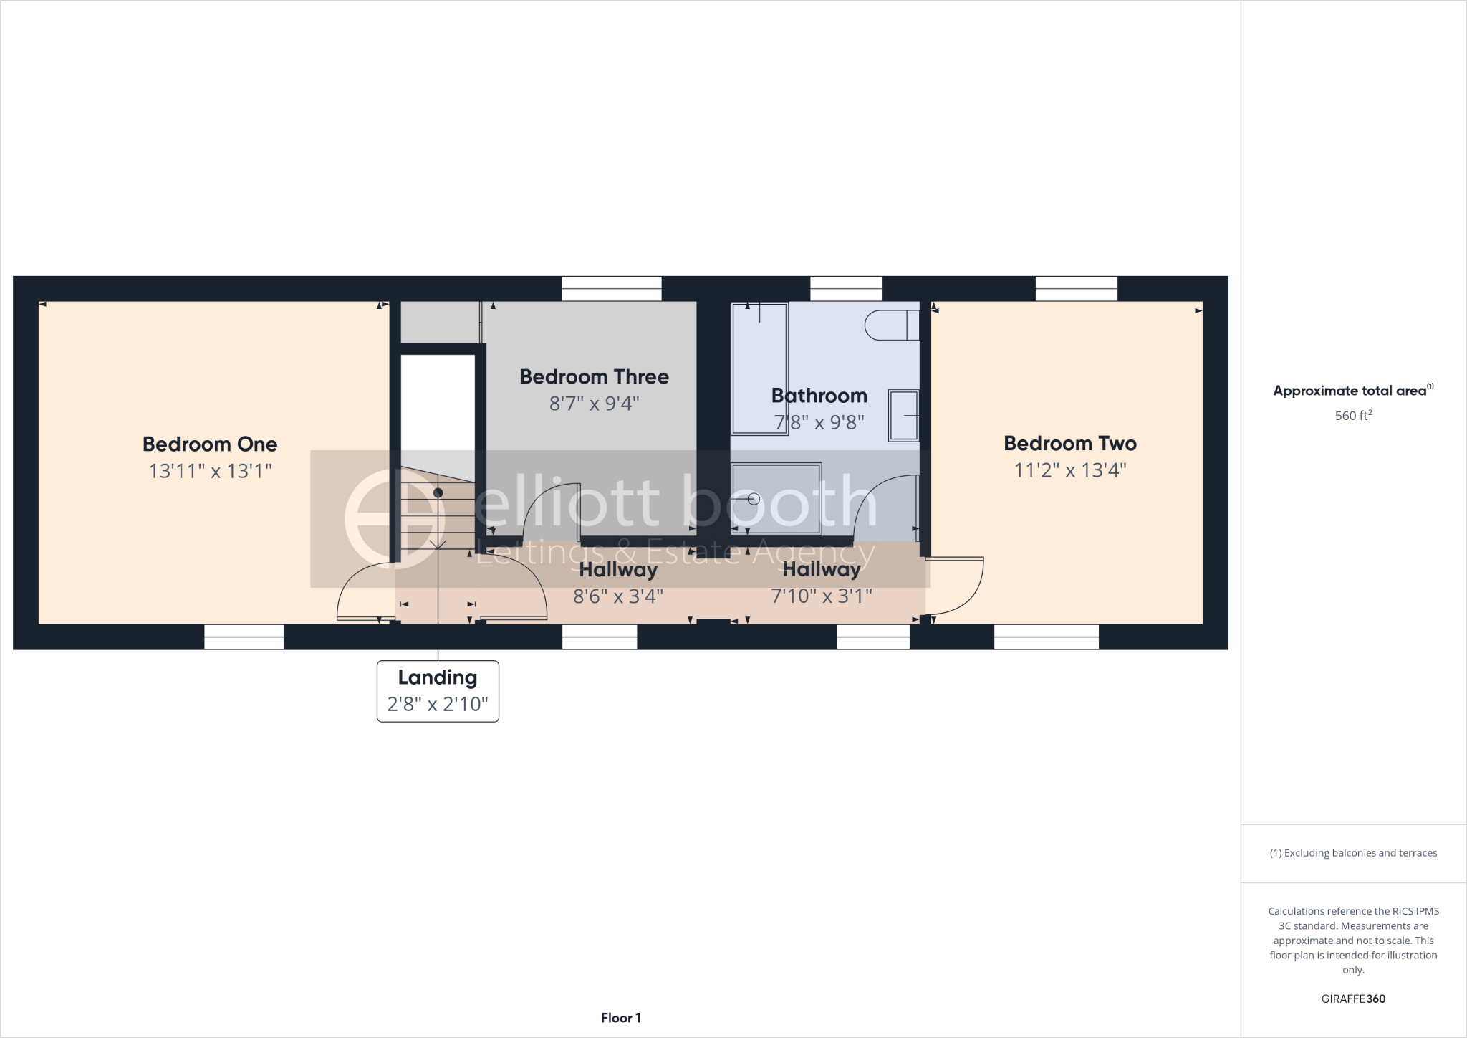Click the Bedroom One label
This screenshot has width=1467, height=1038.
coord(210,444)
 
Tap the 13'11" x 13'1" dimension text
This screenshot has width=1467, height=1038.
coord(211,471)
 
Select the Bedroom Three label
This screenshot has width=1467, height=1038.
coord(594,377)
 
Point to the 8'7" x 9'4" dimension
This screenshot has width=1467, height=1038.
coord(594,404)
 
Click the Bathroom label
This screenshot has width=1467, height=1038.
coord(819,396)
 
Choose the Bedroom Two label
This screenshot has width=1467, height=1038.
coord(1069,444)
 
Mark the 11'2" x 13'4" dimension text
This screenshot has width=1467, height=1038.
coord(1070,470)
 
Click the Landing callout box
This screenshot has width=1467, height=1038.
coord(438,691)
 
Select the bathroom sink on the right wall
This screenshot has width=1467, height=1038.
coord(904,415)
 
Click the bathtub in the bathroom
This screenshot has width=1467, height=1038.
coord(759,368)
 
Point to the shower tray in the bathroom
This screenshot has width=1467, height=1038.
coord(776,499)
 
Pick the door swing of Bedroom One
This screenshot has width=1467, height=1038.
coord(364,592)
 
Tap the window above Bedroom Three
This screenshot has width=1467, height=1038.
coord(612,288)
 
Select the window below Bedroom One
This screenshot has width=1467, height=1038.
coord(244,637)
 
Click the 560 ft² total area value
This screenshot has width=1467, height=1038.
coord(1352,416)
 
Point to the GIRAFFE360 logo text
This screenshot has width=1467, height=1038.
coord(1353,999)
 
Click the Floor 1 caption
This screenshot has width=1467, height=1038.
coord(620,1018)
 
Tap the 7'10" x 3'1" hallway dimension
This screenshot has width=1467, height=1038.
coord(822,596)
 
